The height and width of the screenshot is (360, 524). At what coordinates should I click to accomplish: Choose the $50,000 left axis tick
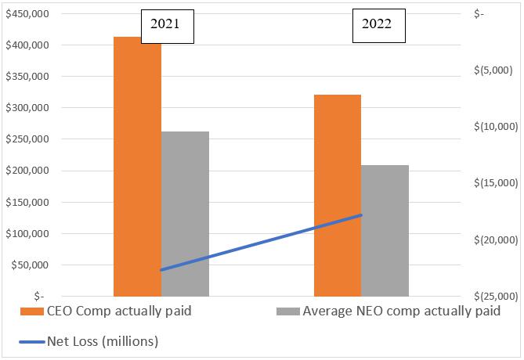pyautogui.click(x=30, y=265)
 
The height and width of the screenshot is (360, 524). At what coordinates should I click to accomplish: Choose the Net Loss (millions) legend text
pyautogui.click(x=103, y=340)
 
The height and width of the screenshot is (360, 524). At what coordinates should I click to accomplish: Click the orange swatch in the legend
pyautogui.click(x=31, y=311)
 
